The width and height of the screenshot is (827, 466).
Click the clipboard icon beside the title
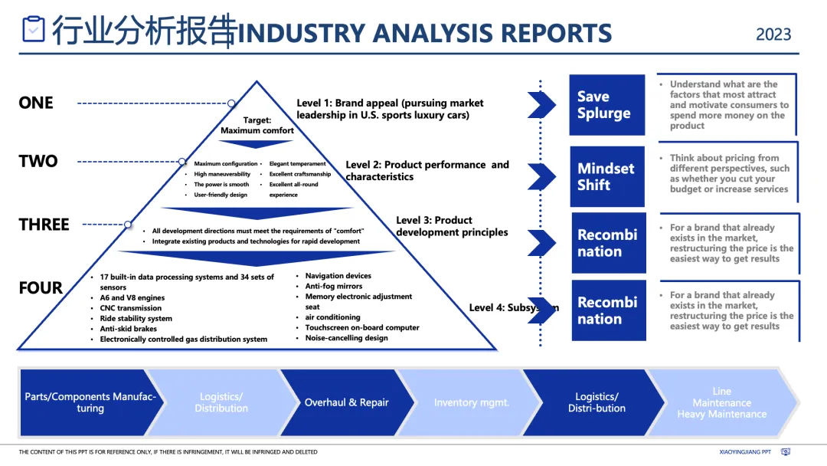34,29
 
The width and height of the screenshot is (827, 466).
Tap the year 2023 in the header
773,34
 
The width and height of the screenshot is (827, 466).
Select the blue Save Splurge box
606,105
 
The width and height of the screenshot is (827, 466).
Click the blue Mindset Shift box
606,176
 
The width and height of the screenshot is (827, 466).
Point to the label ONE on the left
36,103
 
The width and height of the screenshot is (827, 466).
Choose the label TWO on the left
38,161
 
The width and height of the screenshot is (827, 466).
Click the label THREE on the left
44,225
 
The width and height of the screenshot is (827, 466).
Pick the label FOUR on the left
41,288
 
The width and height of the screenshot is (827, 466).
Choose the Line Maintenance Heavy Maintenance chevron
721,402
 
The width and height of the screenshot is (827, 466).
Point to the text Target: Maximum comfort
257,126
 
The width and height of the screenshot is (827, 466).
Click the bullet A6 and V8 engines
132,297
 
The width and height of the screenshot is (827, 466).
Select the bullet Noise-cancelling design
346,338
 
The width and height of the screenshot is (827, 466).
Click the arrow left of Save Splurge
541,105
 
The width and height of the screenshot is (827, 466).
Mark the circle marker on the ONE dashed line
231,103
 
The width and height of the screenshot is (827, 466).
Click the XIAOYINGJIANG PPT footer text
745,452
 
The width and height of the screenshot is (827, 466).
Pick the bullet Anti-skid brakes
129,329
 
